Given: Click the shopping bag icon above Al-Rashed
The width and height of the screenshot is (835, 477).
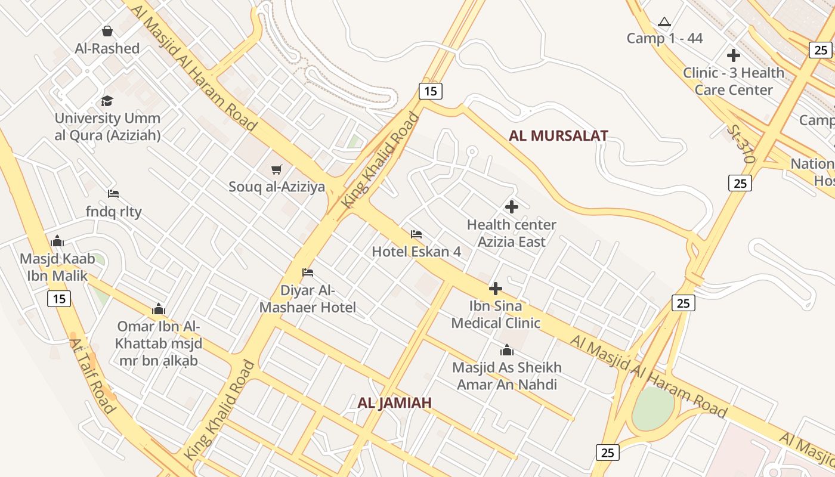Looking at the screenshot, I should (107, 31).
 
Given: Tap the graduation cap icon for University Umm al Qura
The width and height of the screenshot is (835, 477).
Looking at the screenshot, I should (107, 101).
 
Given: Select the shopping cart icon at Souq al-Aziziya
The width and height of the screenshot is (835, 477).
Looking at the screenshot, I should (276, 170).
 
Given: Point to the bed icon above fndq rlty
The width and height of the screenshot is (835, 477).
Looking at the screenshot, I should (113, 194).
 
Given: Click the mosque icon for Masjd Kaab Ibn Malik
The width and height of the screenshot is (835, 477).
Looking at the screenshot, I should (57, 241).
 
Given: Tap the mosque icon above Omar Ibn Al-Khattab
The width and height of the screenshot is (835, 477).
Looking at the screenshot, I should (158, 309).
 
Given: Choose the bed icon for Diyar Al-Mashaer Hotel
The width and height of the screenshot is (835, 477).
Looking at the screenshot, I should (308, 272).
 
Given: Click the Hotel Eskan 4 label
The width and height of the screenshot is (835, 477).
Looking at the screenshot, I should (416, 252).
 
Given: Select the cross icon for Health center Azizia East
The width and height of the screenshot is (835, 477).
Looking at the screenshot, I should (512, 207).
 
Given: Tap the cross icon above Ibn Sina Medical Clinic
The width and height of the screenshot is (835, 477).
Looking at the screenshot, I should (496, 289).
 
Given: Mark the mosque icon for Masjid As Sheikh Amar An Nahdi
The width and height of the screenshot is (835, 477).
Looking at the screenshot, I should (507, 350).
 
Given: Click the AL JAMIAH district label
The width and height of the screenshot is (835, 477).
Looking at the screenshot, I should (394, 403).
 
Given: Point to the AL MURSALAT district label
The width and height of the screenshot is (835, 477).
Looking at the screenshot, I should (558, 136).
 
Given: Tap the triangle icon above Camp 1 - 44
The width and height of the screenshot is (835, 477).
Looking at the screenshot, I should (664, 22).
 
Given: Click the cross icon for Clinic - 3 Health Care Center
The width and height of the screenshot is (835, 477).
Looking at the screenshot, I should (734, 55).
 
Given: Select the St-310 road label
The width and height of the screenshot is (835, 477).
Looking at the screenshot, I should (741, 144).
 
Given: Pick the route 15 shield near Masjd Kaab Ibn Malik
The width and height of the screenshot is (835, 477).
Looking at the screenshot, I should (60, 299).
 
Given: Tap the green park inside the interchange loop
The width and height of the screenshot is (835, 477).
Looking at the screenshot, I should (653, 408).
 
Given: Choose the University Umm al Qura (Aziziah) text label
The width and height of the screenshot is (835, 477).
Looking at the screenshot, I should (107, 127).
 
